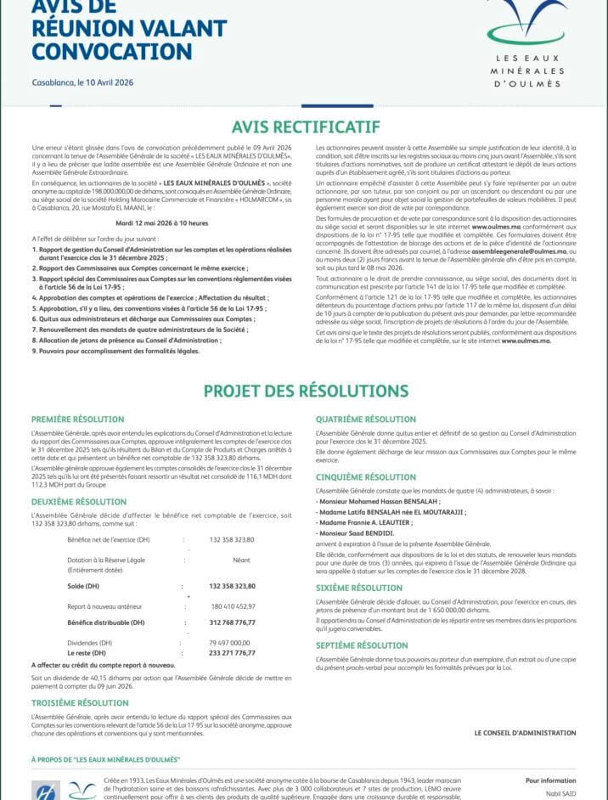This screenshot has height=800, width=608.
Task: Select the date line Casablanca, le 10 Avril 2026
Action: (x=82, y=82)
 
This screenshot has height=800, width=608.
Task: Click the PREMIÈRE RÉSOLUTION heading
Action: (x=77, y=420)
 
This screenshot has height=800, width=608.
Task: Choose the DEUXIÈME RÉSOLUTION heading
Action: (x=79, y=503)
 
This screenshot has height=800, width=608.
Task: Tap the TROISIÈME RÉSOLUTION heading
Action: (x=80, y=703)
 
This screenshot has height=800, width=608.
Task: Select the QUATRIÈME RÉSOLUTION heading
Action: (x=366, y=420)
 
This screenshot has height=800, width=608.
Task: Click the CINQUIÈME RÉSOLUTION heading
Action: (x=365, y=477)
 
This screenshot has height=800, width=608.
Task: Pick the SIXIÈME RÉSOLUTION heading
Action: (x=359, y=588)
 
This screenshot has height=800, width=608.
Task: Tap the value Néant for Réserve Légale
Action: (x=241, y=560)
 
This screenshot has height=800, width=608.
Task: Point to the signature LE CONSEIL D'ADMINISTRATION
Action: (x=525, y=732)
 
